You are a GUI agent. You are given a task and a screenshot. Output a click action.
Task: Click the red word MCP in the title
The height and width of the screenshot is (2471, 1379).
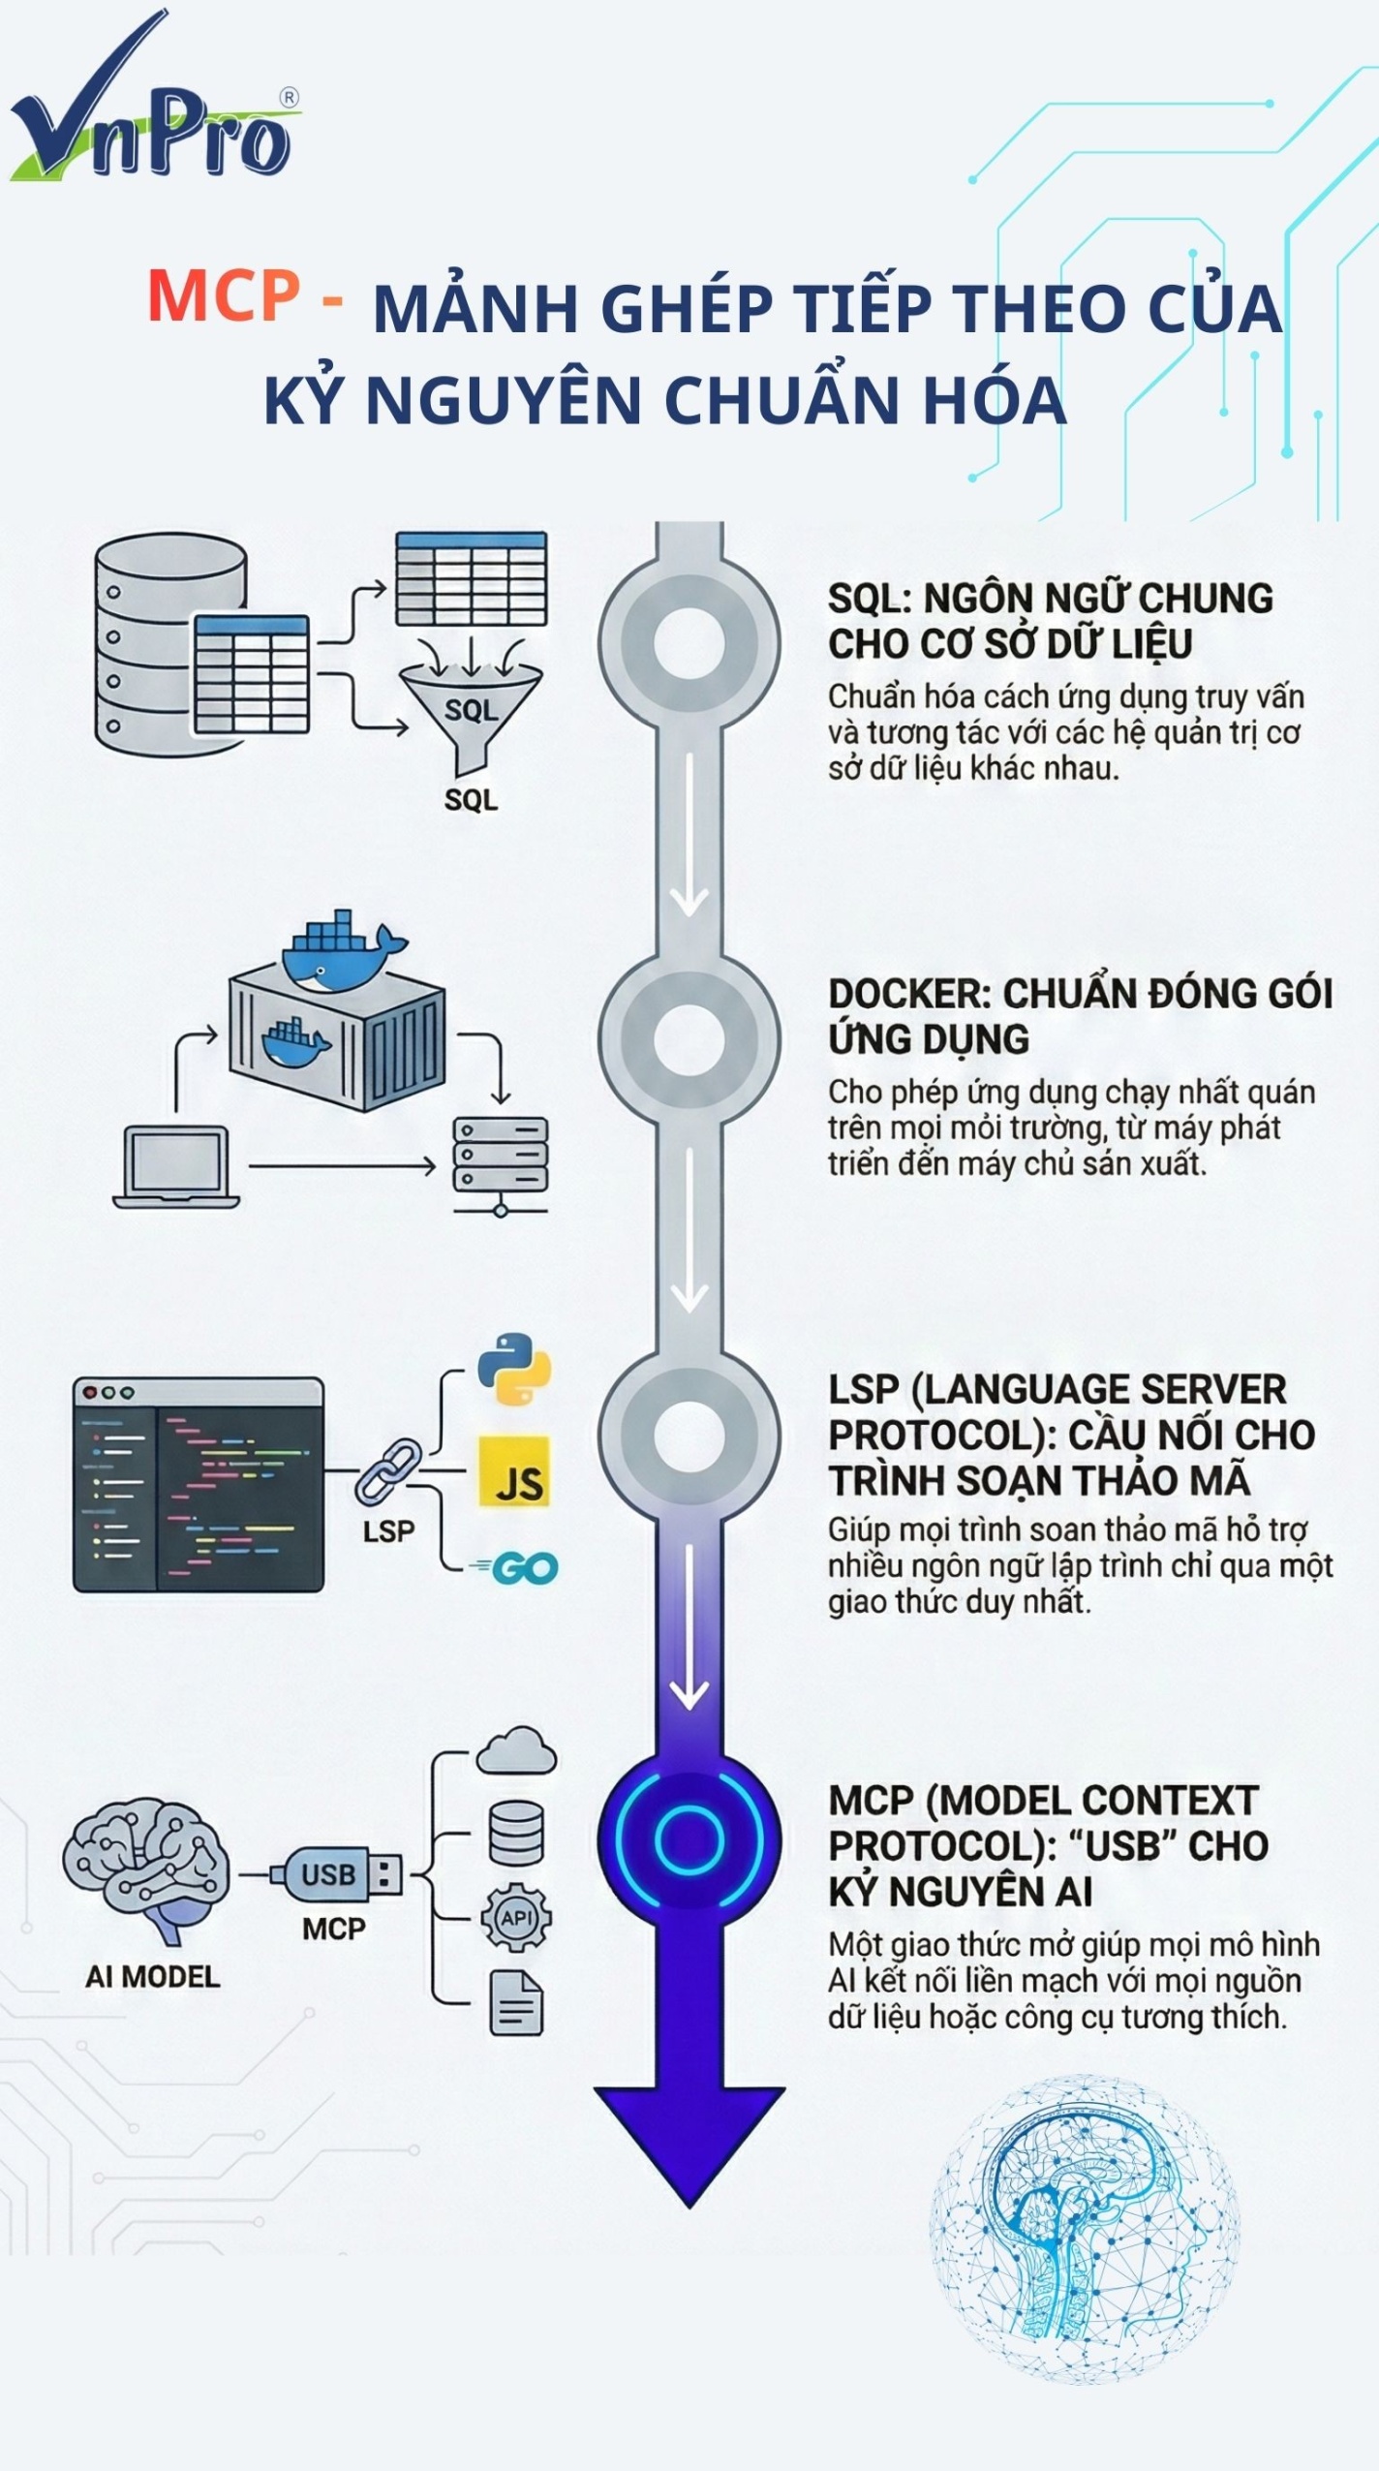[x=224, y=295]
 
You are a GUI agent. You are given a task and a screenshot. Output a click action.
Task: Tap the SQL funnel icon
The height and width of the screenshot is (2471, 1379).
[x=472, y=712]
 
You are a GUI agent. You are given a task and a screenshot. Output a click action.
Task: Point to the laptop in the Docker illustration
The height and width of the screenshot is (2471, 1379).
[x=176, y=1166]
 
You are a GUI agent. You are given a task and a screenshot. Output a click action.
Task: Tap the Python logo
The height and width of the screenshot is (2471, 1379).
[x=514, y=1369]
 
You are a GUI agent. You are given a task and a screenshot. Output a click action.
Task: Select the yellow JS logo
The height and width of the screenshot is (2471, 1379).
[x=514, y=1471]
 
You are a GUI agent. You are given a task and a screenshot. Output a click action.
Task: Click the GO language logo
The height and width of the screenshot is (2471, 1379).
[x=519, y=1568]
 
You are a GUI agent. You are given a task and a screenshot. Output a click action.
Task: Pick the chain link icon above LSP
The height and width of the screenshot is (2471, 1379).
[x=387, y=1471]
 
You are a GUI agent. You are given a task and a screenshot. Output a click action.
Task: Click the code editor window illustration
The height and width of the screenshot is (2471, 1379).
[x=198, y=1484]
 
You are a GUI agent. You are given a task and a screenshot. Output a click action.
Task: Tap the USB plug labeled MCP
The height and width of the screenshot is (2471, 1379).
[x=339, y=1874]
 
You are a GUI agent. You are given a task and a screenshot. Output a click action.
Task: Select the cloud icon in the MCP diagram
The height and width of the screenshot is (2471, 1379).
[x=516, y=1751]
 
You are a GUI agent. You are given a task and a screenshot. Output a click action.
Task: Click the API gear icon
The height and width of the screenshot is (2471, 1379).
[x=516, y=1917]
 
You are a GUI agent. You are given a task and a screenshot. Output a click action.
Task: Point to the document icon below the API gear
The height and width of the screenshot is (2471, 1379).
[x=516, y=2001]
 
